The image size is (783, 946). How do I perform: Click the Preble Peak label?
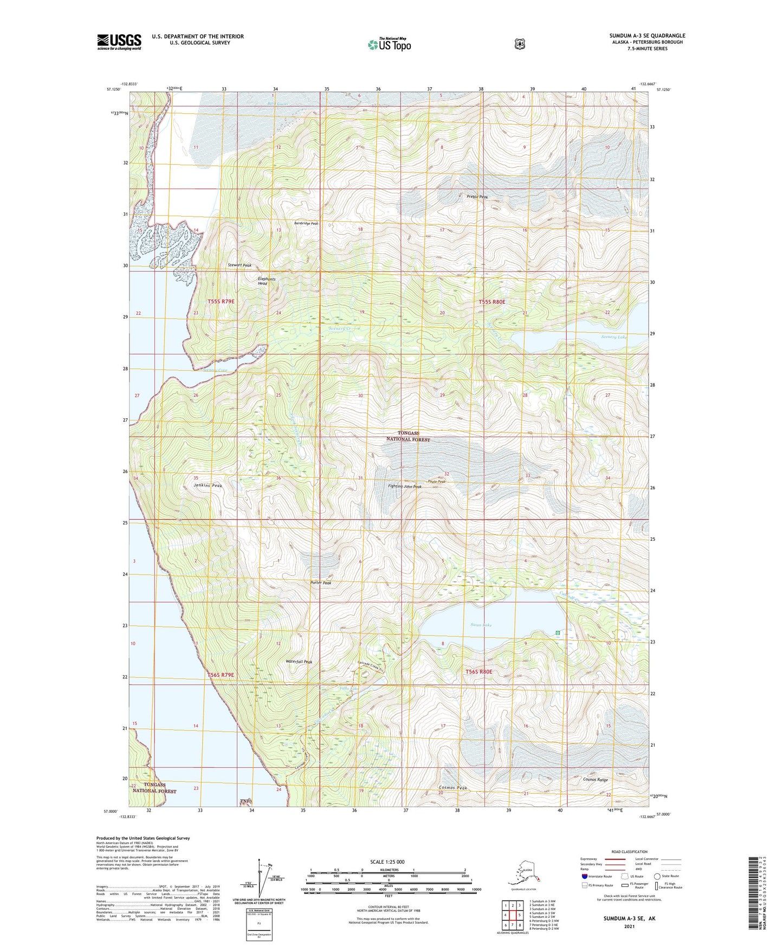[477, 197]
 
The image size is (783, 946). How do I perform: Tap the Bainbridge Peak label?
[306, 223]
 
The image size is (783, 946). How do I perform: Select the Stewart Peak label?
[240, 265]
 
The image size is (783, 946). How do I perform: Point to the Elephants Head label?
[267, 281]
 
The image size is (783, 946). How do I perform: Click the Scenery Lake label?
[613, 337]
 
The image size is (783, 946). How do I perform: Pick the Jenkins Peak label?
[208, 486]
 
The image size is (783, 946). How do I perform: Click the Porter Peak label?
[321, 583]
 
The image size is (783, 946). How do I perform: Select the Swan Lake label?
[481, 625]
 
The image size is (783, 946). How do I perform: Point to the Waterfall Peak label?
[299, 662]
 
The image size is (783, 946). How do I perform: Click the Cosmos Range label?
[595, 780]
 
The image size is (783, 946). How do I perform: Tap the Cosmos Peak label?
[453, 788]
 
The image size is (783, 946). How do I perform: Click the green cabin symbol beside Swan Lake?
[558, 633]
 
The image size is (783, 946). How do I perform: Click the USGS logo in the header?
[119, 42]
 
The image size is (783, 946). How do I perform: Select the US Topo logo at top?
[389, 44]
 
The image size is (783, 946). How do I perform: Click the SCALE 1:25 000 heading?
[387, 862]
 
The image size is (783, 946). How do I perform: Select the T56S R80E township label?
[479, 672]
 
